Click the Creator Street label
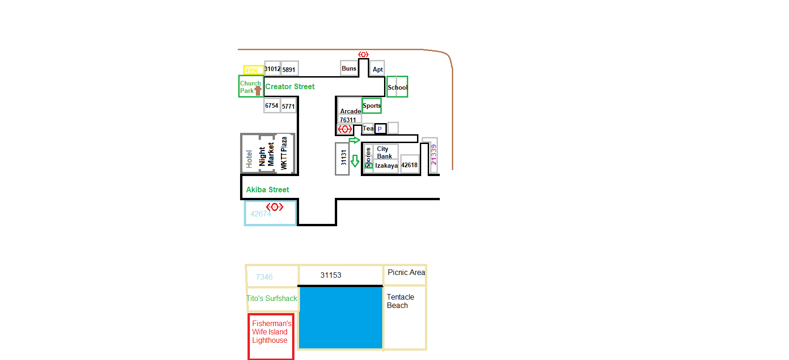coord(290,87)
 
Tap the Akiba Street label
coord(267,190)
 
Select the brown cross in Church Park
coord(258,90)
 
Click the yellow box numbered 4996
coord(253,70)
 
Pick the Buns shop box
coord(349,68)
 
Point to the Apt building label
coord(378,70)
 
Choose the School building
coord(397,87)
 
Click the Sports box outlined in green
coord(372,105)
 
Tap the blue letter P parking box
coord(380,129)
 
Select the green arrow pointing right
coord(354,140)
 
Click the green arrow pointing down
coord(355,161)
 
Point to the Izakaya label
coord(386,165)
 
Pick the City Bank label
coord(384,152)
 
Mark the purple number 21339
coord(434,154)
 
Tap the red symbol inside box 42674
coord(274,207)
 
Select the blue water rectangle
coord(341,317)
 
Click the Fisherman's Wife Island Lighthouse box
coord(271,336)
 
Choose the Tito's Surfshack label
coord(272,298)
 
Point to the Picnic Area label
coord(406,272)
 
